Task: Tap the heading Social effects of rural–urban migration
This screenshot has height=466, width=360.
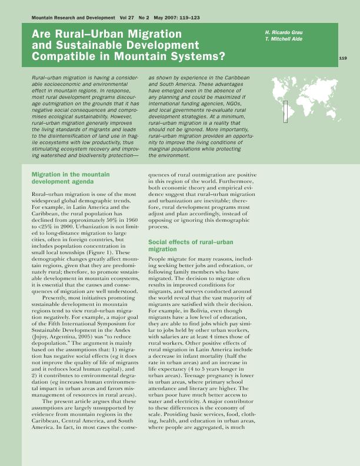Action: click(183, 245)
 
